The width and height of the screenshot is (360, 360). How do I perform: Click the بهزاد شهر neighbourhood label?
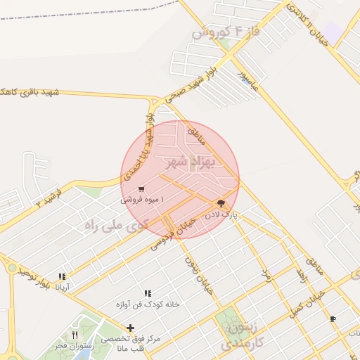click(186, 162)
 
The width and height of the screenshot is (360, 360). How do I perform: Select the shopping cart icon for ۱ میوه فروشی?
click(142, 188)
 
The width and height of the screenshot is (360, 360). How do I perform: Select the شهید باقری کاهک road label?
click(32, 92)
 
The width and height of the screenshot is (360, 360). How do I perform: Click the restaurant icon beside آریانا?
click(62, 277)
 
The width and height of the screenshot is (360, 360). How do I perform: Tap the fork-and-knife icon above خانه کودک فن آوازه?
click(148, 293)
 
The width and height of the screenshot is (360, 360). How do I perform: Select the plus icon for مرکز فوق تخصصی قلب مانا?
click(130, 328)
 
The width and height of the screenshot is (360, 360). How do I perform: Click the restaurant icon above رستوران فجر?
click(75, 335)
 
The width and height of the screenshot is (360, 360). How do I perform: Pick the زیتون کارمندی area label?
click(240, 337)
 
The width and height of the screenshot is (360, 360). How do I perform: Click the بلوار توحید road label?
click(37, 275)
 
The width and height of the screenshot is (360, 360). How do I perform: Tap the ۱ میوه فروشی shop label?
click(143, 200)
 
